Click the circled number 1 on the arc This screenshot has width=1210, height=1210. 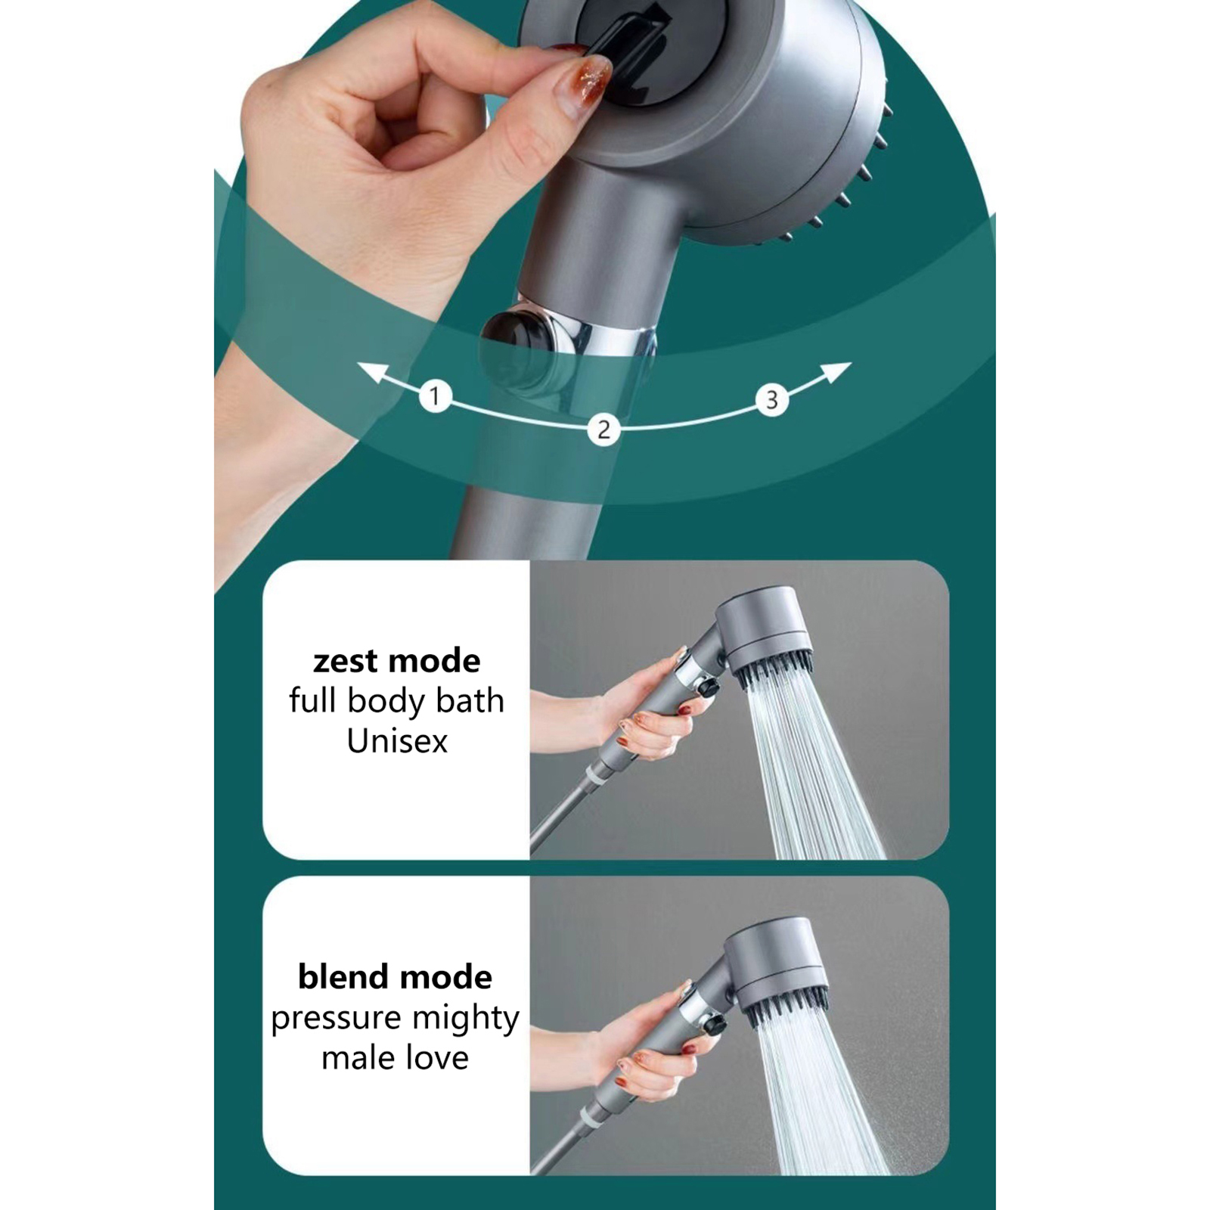coord(435,396)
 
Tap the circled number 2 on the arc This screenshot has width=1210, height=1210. coord(603,430)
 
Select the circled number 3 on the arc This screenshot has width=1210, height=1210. coord(771,399)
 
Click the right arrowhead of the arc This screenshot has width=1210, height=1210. coord(836,372)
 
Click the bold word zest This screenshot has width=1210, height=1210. coord(348,662)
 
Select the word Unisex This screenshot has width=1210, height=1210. coord(397,741)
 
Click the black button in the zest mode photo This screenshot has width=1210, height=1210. coord(709,689)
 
